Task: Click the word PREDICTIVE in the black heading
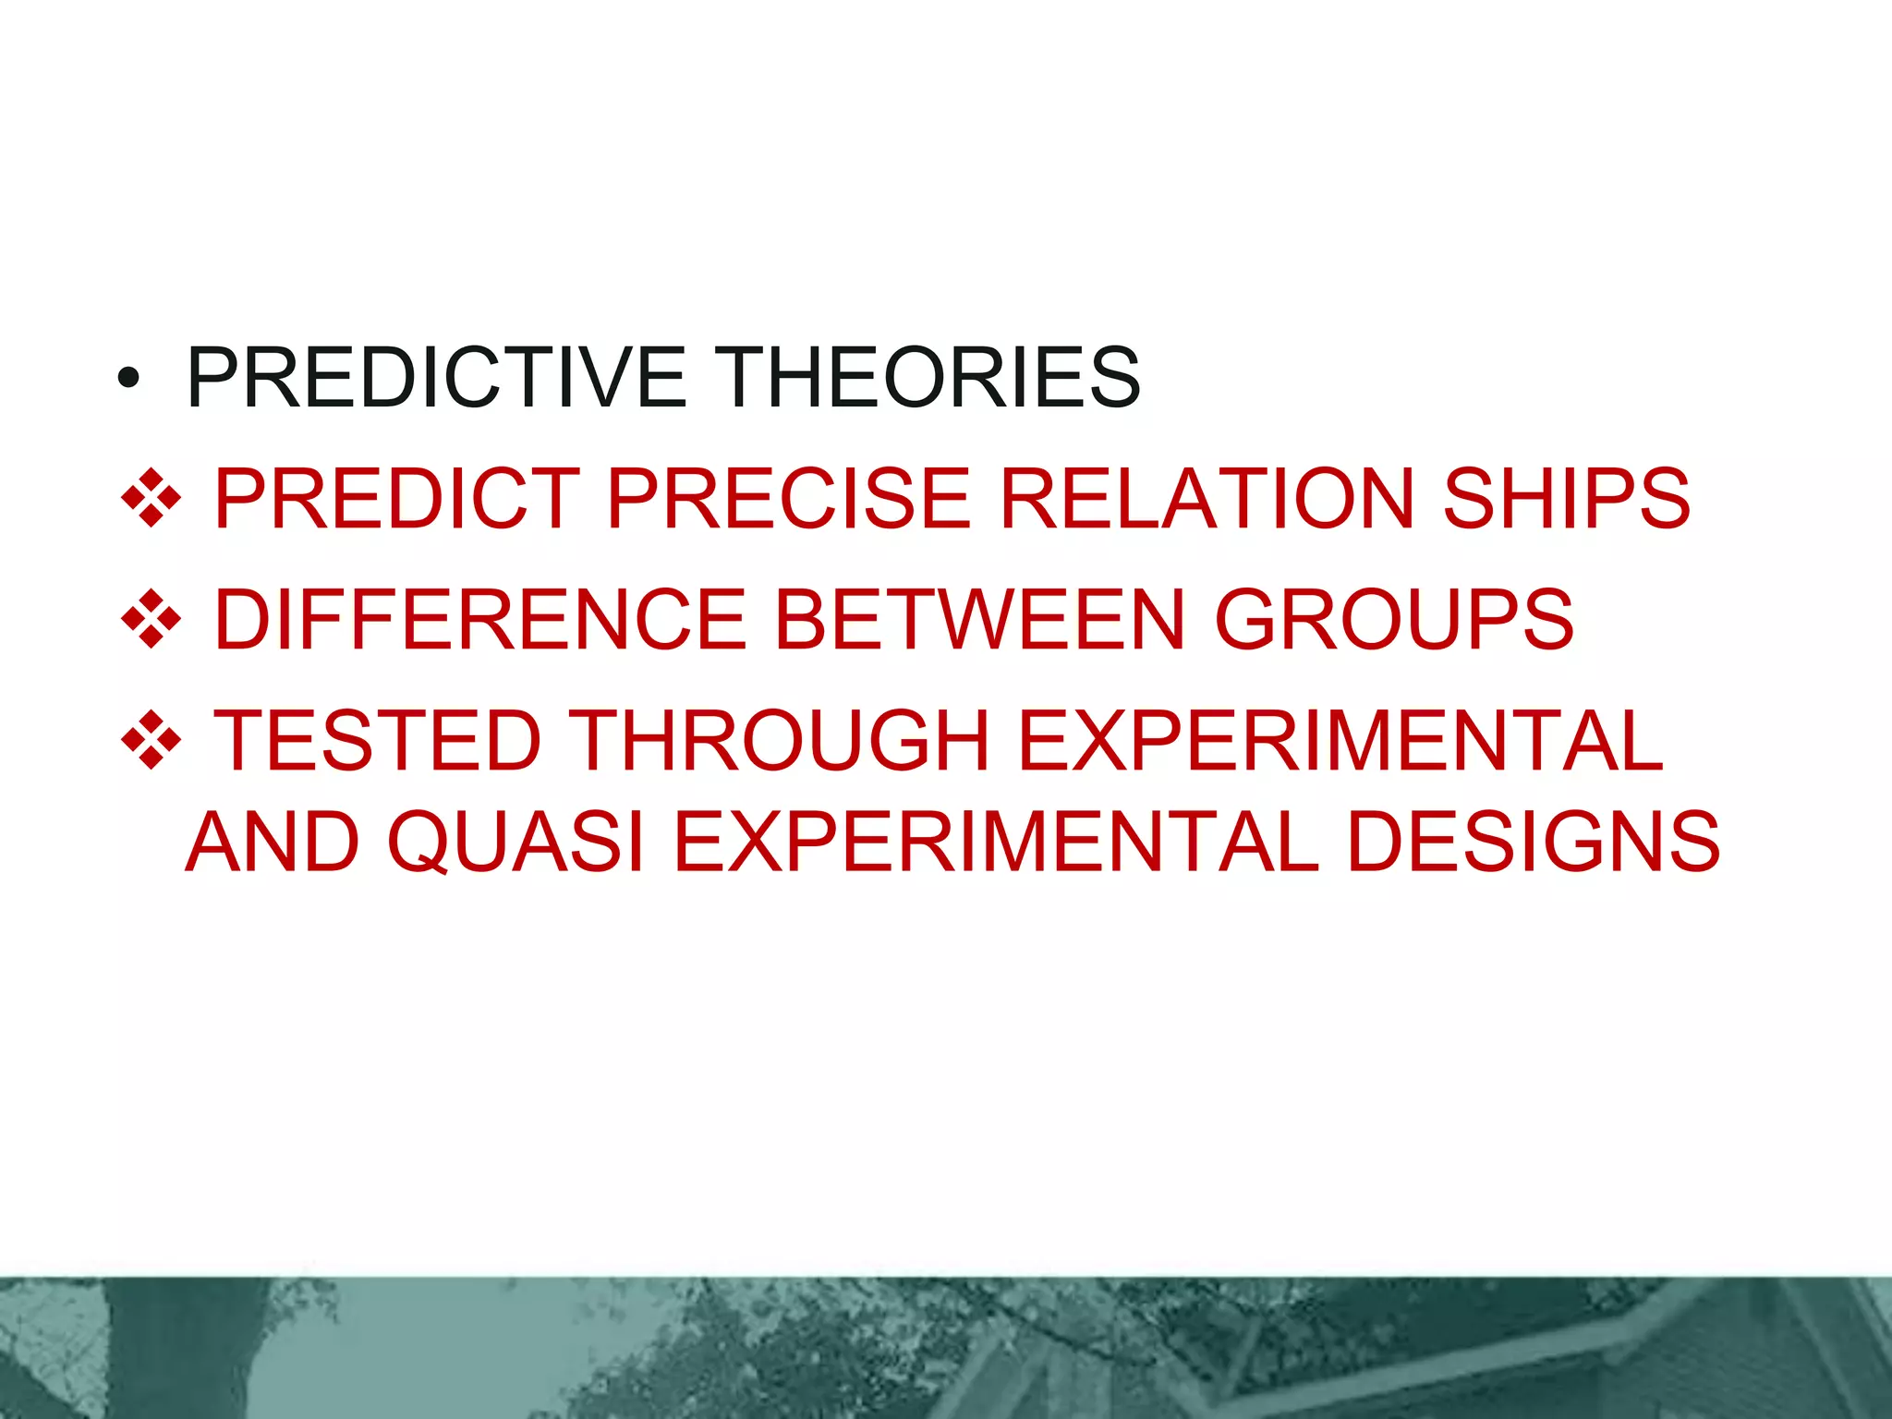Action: (436, 377)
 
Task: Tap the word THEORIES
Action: (928, 377)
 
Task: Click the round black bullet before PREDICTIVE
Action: (128, 379)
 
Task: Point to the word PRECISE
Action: (789, 499)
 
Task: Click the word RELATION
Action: (1207, 499)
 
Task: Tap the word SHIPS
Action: (1567, 499)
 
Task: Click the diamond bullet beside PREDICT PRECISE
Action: (151, 499)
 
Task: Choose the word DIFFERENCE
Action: (480, 620)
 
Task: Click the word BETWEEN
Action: (979, 620)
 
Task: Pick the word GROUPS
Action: (1394, 620)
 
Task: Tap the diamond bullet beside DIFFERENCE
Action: (151, 620)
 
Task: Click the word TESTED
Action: (377, 740)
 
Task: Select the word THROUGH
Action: (778, 740)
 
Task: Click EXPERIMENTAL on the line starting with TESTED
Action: (1340, 740)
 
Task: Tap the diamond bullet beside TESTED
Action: (151, 740)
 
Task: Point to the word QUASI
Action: (515, 842)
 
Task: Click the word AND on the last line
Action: (273, 842)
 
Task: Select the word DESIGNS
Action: (1534, 842)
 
